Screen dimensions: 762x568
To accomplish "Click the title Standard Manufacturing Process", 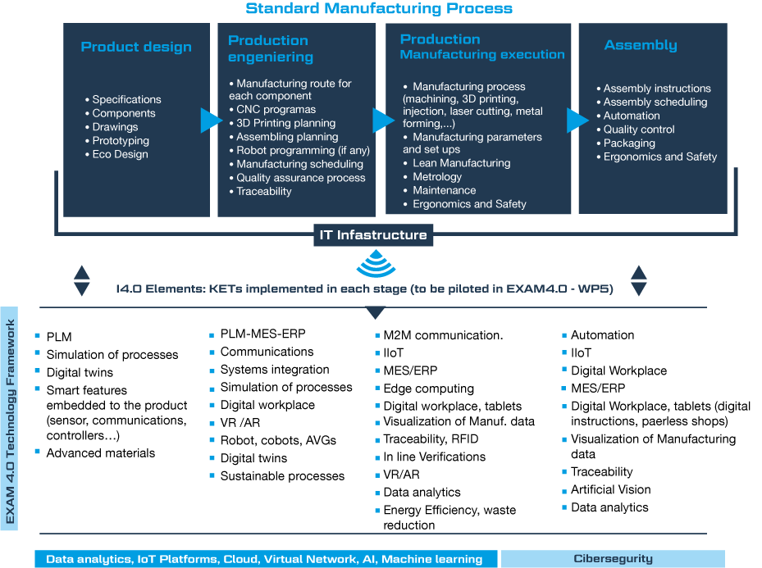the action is coord(379,8).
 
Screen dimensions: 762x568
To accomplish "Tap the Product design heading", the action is coord(136,47).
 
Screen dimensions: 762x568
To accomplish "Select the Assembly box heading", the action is coord(641,46).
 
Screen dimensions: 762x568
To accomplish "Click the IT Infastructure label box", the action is coord(373,235).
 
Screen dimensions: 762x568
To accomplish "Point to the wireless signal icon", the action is coord(376,263).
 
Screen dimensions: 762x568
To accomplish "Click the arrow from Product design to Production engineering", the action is coord(212,120).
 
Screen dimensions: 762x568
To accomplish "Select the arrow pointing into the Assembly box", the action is coord(577,120).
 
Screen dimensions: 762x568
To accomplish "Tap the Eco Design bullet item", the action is coord(116,154).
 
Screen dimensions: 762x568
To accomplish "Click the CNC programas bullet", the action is coord(272,110).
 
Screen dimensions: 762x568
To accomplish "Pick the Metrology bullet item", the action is coord(432,177).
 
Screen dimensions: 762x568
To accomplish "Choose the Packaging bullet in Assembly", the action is coord(626,143).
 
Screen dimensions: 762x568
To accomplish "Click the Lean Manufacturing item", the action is coord(457,163).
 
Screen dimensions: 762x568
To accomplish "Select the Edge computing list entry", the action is coord(425,389).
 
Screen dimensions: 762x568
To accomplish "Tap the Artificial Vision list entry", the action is coord(606,489).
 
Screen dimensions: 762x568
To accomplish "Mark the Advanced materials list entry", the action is coord(96,453).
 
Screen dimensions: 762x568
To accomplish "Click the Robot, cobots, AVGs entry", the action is coord(273,440).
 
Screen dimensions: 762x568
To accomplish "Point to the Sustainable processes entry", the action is coord(277,475).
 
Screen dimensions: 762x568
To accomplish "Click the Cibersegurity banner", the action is coord(613,559).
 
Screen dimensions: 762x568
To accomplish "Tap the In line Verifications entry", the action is coord(431,457).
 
